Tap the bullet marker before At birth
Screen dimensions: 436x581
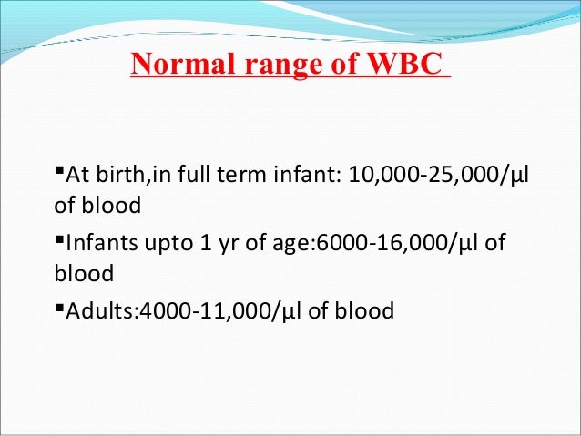coord(59,171)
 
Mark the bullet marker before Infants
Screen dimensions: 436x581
coord(59,240)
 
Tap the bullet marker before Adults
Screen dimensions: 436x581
coord(59,309)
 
